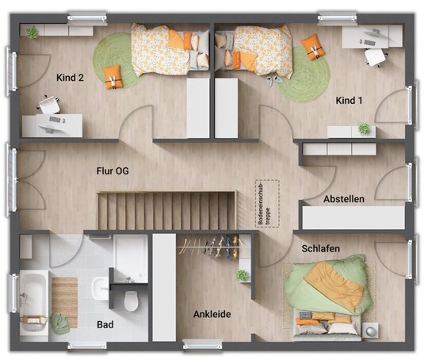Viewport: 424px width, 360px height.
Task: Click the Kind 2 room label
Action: pos(70,78)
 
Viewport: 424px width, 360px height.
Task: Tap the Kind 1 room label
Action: pos(349,101)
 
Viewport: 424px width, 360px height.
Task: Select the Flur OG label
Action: pos(113,171)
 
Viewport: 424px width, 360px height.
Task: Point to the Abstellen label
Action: pos(344,199)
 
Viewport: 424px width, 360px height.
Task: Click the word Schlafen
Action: pos(321,248)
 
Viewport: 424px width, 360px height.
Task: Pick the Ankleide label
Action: pos(212,314)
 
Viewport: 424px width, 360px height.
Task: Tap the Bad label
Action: pos(105,324)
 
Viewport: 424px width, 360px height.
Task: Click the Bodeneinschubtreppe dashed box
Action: pos(267,204)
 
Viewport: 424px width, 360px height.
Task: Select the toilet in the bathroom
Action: pos(131,301)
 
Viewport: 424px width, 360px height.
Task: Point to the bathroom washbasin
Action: pos(101,289)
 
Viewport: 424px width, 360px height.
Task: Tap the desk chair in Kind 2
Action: pos(49,105)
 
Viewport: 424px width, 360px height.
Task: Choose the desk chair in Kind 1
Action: pos(375,57)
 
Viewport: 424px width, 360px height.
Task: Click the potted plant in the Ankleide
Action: pos(242,275)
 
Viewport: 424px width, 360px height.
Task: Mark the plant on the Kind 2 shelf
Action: pos(32,33)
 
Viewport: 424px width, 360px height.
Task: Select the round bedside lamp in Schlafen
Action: pos(370,331)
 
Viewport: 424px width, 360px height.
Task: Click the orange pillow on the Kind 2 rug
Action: pos(113,77)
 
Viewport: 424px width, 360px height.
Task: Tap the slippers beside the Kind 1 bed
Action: pos(274,80)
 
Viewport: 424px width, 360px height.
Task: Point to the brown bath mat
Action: pos(65,302)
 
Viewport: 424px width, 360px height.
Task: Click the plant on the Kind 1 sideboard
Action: pos(364,128)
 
